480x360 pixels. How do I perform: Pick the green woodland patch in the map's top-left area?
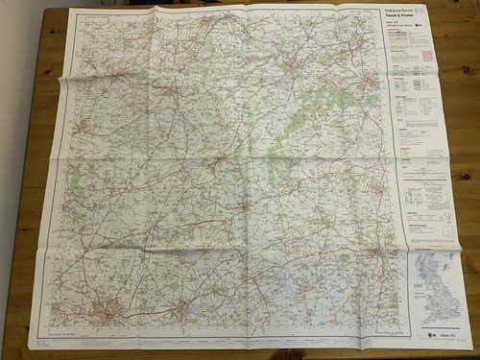[x=126, y=44]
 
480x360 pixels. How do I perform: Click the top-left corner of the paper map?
[x=72, y=11]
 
